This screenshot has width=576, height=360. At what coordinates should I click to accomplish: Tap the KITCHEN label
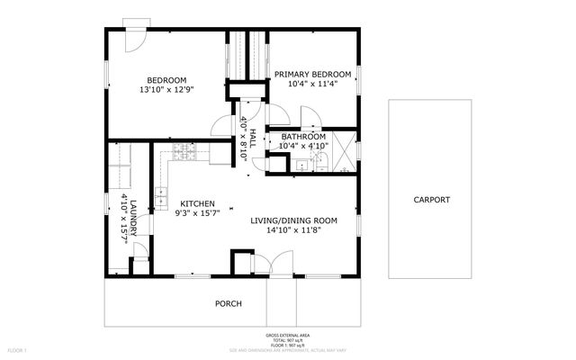coord(196,203)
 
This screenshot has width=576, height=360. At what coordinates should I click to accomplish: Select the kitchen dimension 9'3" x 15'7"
coord(196,214)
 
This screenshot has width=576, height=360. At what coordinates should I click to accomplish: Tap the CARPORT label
coord(431,200)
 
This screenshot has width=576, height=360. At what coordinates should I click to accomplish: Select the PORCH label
coord(228,303)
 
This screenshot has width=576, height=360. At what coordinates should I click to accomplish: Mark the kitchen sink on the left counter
coord(162,193)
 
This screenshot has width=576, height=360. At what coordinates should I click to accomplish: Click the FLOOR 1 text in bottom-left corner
coord(17,349)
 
